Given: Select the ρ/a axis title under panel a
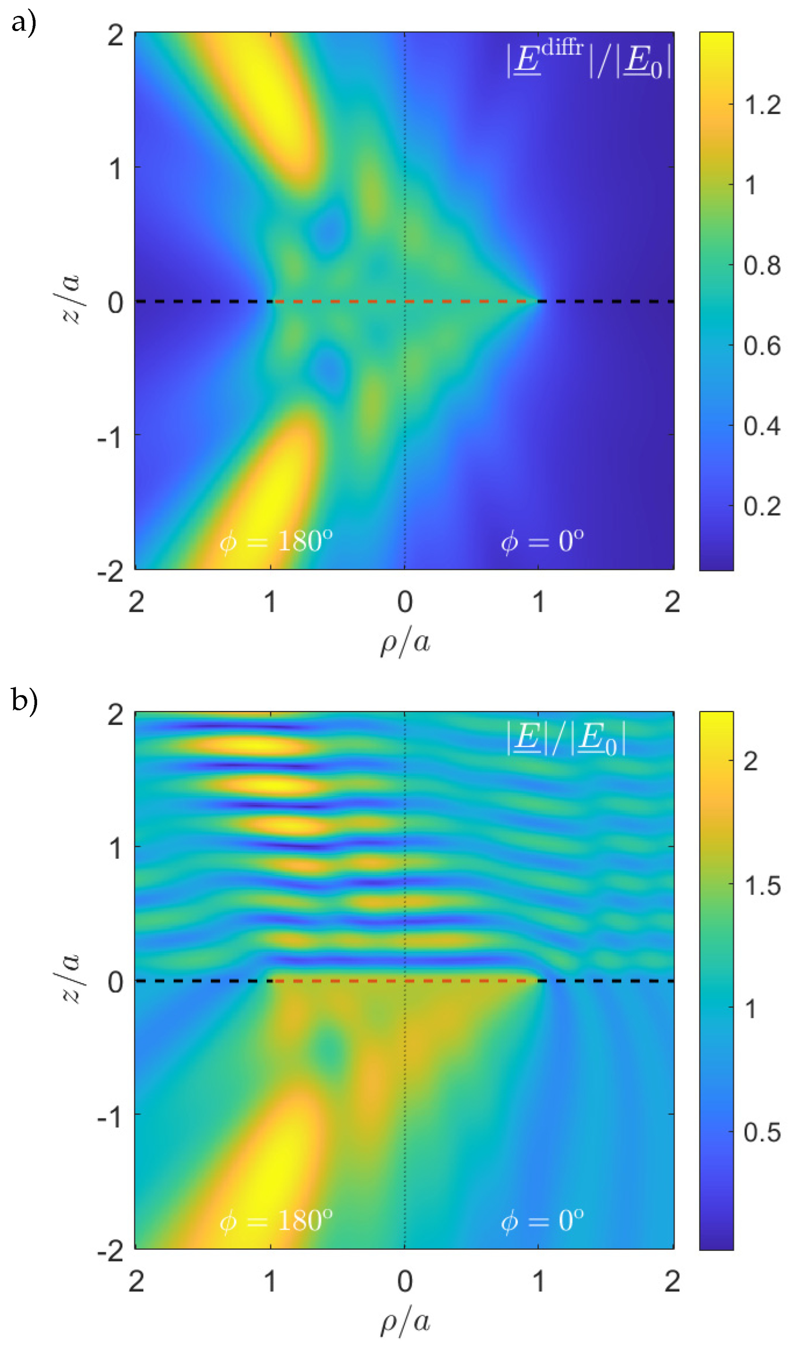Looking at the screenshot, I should point(405,642).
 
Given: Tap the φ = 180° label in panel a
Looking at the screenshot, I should point(276,541).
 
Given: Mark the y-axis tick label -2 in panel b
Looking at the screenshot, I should point(110,1253).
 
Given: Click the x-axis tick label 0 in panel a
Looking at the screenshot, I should point(405,602).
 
